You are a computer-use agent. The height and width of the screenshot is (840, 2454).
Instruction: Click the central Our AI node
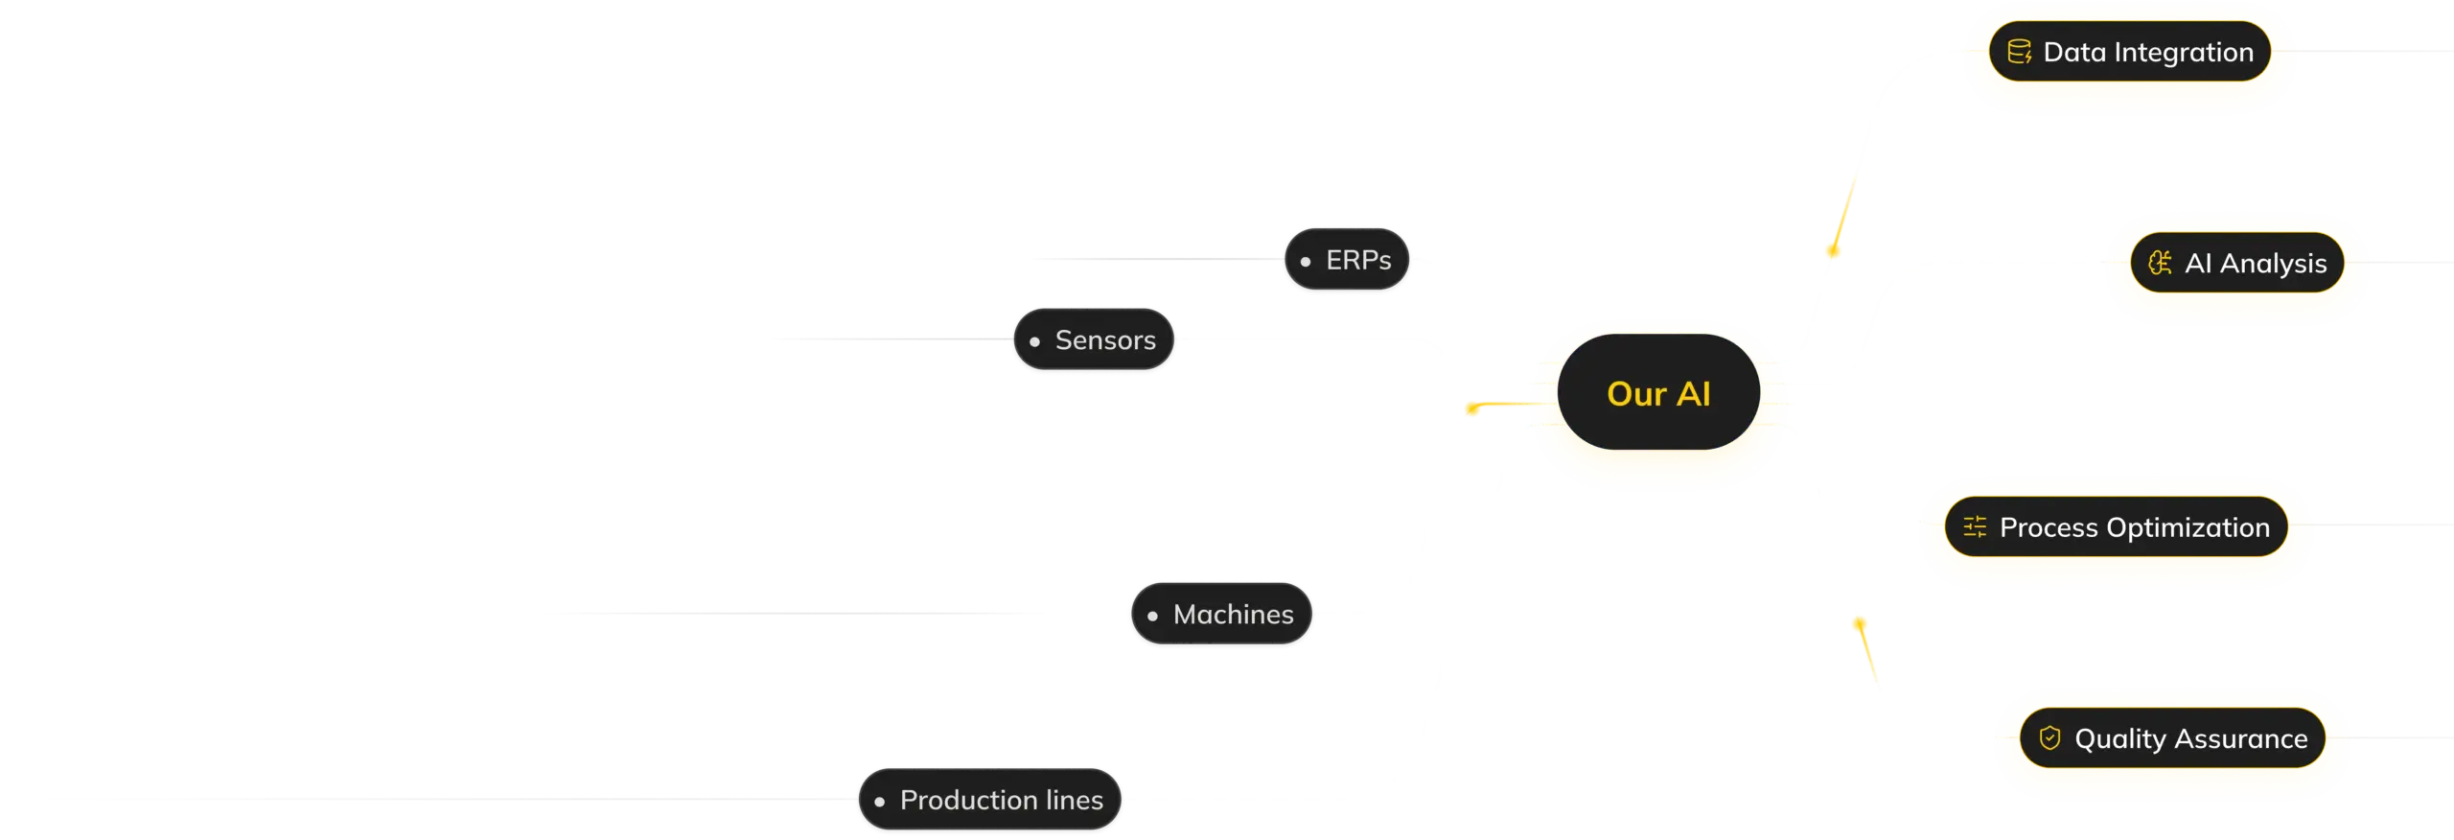(x=1658, y=393)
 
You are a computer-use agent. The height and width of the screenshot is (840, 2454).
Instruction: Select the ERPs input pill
(x=1347, y=260)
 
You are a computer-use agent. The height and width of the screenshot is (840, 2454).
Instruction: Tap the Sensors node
(x=1093, y=340)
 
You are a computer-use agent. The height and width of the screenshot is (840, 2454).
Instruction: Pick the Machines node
(x=1222, y=615)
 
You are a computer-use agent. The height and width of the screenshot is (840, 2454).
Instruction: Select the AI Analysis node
(x=2237, y=264)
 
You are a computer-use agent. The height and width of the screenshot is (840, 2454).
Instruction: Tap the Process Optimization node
(x=2117, y=527)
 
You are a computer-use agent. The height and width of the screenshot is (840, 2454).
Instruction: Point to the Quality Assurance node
(x=2173, y=739)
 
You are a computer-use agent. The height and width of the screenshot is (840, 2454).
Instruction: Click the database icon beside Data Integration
(x=2019, y=53)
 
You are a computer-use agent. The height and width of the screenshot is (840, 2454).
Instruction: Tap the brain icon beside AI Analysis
(x=2160, y=264)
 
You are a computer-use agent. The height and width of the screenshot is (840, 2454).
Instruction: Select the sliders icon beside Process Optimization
(x=1975, y=527)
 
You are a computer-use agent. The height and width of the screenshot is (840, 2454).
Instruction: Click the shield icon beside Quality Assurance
(x=2049, y=738)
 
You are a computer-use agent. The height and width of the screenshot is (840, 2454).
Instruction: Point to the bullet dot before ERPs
(x=1306, y=261)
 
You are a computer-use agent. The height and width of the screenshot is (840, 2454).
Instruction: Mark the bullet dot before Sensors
(x=1034, y=341)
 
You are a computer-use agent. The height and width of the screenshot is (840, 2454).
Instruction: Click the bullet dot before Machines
(x=1152, y=616)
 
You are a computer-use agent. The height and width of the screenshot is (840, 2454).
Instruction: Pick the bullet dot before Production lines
(x=879, y=801)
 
